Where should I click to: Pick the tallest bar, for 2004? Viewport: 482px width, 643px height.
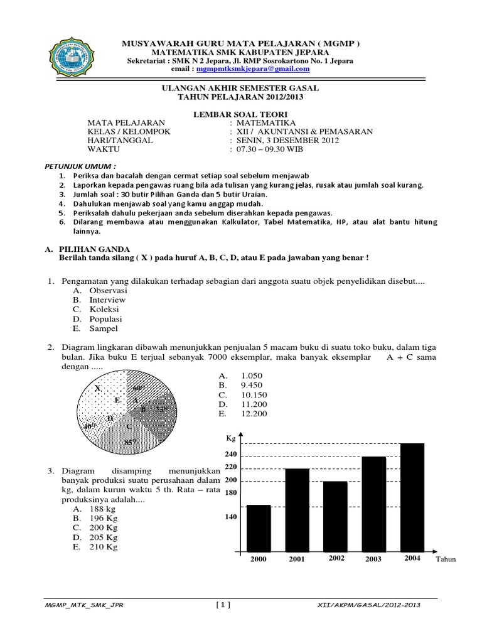(x=412, y=497)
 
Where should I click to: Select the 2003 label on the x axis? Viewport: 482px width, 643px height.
(x=373, y=559)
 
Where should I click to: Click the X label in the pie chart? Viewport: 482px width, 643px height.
(x=97, y=389)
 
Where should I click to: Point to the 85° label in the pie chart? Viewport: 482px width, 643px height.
(x=130, y=442)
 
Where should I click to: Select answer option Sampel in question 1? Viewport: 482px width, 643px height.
(x=104, y=328)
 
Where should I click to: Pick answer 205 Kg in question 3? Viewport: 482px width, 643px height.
(x=104, y=538)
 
